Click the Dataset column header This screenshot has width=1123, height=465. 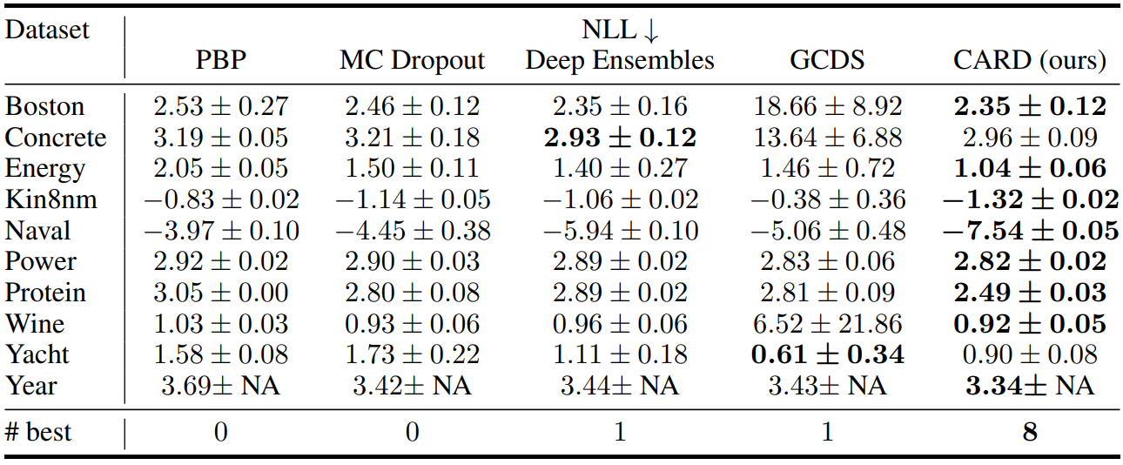pos(47,30)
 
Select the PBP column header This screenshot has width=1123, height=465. pos(220,60)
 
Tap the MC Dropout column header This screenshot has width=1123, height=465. pos(412,60)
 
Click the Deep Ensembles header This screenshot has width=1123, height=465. pos(620,60)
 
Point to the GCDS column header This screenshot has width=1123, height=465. pos(827,60)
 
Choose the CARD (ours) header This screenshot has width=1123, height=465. pos(1030,61)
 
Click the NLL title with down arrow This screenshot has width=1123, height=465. pos(620,30)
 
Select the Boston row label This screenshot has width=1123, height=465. pos(44,106)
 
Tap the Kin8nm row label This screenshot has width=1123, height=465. pos(51,199)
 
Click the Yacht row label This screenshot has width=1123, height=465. pos(37,354)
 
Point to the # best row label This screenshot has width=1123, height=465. pos(38,432)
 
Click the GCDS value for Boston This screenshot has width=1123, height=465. pos(828,106)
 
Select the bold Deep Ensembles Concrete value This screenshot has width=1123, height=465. pos(620,138)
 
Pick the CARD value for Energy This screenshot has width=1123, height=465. pos(1030,169)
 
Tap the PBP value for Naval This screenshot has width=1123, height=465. pos(221,231)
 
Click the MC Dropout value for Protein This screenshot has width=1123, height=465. pos(412,293)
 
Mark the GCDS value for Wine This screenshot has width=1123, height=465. pos(828,324)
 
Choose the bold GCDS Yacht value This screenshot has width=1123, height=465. pos(828,354)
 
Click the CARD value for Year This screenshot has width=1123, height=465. pos(1030,386)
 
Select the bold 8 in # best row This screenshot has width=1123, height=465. pos(1030,432)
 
